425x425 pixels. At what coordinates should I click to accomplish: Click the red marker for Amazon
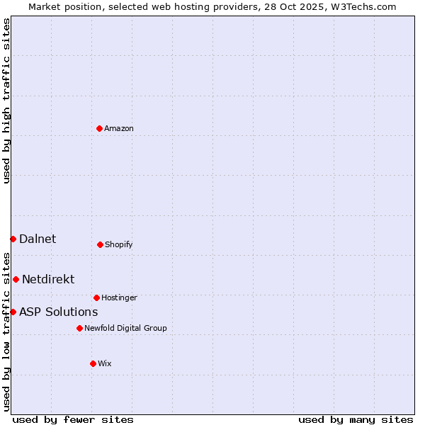100,128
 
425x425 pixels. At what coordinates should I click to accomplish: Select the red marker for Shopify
100,244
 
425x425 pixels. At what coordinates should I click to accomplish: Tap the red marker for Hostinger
96,297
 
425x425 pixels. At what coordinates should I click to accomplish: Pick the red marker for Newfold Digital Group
79,328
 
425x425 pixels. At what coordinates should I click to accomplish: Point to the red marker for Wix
93,363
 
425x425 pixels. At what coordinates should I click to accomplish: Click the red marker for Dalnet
13,239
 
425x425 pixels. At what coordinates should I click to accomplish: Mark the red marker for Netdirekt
16,279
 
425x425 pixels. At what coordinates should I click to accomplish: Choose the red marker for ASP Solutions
13,312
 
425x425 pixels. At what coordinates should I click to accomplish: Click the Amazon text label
119,128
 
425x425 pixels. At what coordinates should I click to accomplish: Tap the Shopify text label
119,244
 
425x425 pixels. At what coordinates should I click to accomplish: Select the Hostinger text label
119,297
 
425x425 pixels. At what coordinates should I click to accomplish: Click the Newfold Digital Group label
125,328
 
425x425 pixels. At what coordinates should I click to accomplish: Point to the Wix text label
105,363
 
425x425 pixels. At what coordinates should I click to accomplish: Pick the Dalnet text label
38,239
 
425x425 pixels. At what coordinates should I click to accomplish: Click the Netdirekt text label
48,279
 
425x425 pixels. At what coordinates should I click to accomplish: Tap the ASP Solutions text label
58,312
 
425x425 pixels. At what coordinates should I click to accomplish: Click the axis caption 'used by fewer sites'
73,419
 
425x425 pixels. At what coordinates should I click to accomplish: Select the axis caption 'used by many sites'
356,419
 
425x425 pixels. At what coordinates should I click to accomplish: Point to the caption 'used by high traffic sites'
6,101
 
